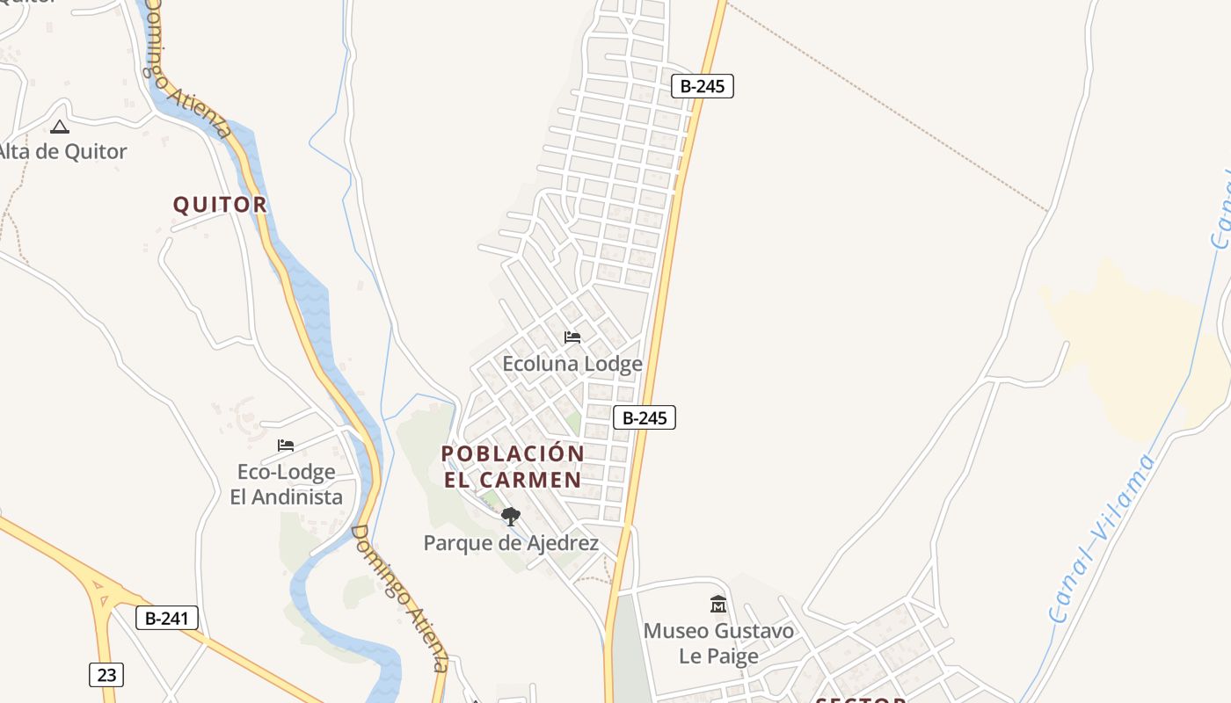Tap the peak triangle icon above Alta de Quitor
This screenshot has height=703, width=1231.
pyautogui.click(x=59, y=127)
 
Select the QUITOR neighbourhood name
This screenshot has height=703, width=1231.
pyautogui.click(x=220, y=205)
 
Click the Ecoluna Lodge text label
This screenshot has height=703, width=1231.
pyautogui.click(x=572, y=363)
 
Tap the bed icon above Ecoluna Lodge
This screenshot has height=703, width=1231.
pyautogui.click(x=572, y=337)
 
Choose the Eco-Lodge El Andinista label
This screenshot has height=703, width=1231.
pyautogui.click(x=287, y=484)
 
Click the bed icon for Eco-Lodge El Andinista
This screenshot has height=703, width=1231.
pyautogui.click(x=286, y=445)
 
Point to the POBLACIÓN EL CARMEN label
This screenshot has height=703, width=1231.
pyautogui.click(x=513, y=467)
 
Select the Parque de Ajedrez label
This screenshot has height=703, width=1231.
pyautogui.click(x=511, y=543)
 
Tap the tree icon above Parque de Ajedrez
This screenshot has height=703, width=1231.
pyautogui.click(x=511, y=517)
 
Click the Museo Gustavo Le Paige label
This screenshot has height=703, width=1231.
pyautogui.click(x=718, y=643)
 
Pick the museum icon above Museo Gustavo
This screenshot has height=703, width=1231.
pyautogui.click(x=718, y=605)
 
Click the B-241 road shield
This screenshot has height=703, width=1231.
pyautogui.click(x=167, y=618)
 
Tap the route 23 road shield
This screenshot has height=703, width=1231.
pyautogui.click(x=106, y=675)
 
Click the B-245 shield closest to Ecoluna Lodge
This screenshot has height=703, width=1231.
pyautogui.click(x=645, y=417)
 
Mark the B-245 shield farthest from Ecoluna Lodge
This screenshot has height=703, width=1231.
pyautogui.click(x=702, y=85)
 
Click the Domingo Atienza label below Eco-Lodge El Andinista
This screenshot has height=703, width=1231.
pyautogui.click(x=401, y=598)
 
